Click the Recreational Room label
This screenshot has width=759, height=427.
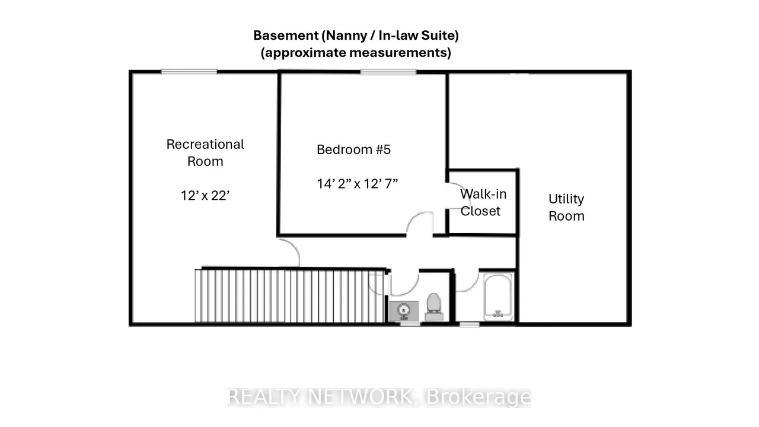205,153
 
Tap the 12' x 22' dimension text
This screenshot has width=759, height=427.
205,196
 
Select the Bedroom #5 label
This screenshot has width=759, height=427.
353,149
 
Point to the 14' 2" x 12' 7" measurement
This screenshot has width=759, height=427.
357,184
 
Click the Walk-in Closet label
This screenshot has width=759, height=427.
483,203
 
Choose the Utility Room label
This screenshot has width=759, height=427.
566,208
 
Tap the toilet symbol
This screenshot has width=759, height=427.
433,307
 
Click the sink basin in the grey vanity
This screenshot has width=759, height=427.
403,310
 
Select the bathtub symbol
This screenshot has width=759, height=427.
498,297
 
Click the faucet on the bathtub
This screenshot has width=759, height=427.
498,314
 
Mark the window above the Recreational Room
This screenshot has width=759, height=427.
189,72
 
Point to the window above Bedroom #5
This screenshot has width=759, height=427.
388,72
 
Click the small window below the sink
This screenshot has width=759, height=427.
410,324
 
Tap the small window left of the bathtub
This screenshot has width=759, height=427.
469,324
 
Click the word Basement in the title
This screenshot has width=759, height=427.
286,35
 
